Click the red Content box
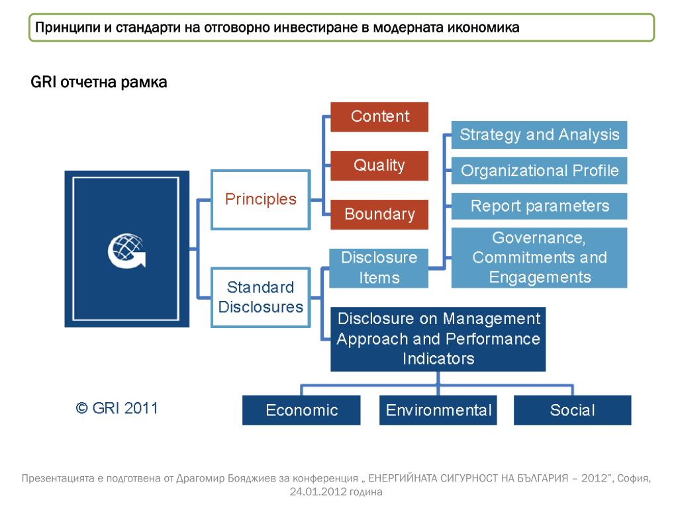379,116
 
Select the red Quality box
379,165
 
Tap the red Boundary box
379,214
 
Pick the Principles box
260,199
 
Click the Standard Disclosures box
260,297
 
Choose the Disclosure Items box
379,267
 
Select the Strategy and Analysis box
539,135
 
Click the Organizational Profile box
539,171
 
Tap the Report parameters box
539,206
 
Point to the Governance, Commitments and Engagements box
539,257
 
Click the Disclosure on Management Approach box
438,339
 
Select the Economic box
301,410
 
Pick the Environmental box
438,410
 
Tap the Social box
572,410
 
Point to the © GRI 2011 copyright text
117,408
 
